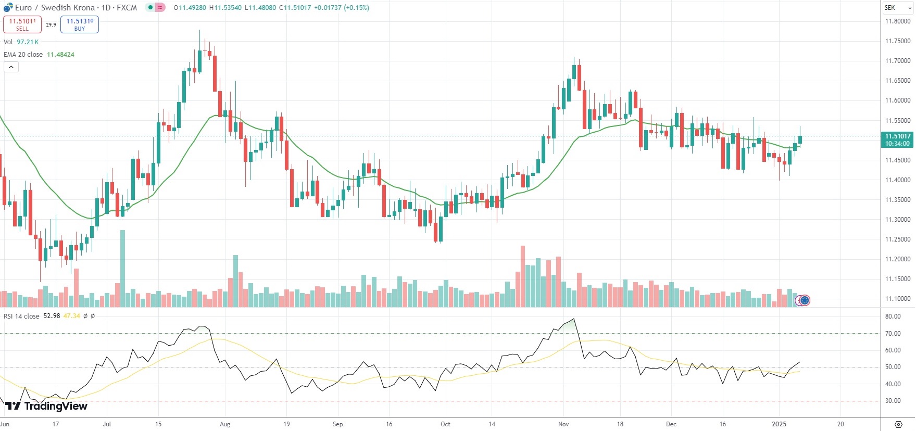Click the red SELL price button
point(22,24)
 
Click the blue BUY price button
point(80,24)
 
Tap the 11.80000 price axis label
point(898,21)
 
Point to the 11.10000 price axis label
point(898,299)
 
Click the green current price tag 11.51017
point(898,140)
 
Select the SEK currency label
point(890,8)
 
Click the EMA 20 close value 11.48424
point(60,55)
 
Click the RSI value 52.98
point(52,316)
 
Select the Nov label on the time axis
point(563,424)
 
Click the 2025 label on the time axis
point(779,424)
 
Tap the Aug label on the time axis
point(225,424)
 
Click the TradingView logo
point(47,406)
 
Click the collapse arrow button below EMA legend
point(11,67)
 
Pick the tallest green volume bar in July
point(122,268)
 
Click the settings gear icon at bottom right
point(898,424)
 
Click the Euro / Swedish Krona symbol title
point(55,8)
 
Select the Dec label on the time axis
point(671,424)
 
